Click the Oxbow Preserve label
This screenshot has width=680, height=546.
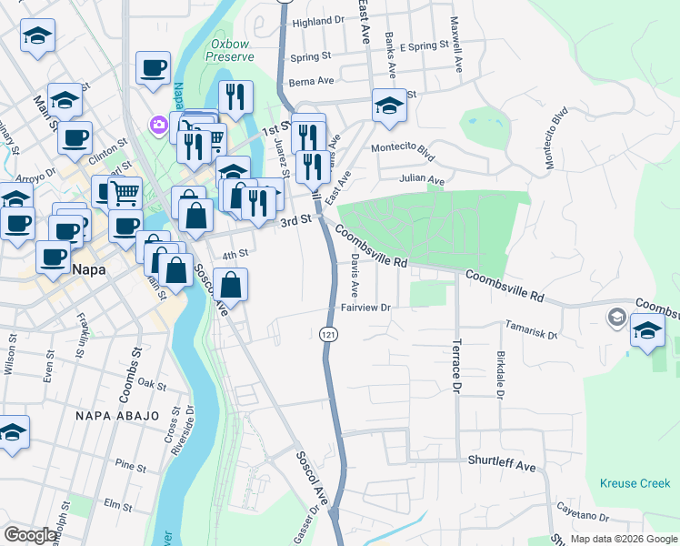click(x=230, y=49)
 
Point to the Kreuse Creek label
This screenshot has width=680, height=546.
click(x=635, y=483)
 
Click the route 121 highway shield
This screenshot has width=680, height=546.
click(x=327, y=335)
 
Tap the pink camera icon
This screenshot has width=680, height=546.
click(x=159, y=124)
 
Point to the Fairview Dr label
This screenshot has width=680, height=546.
click(x=365, y=308)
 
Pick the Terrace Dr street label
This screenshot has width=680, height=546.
click(x=456, y=368)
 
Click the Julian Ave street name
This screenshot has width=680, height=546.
click(x=424, y=180)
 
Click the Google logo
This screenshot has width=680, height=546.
click(x=30, y=535)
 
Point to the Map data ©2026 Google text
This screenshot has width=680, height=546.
click(x=624, y=539)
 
